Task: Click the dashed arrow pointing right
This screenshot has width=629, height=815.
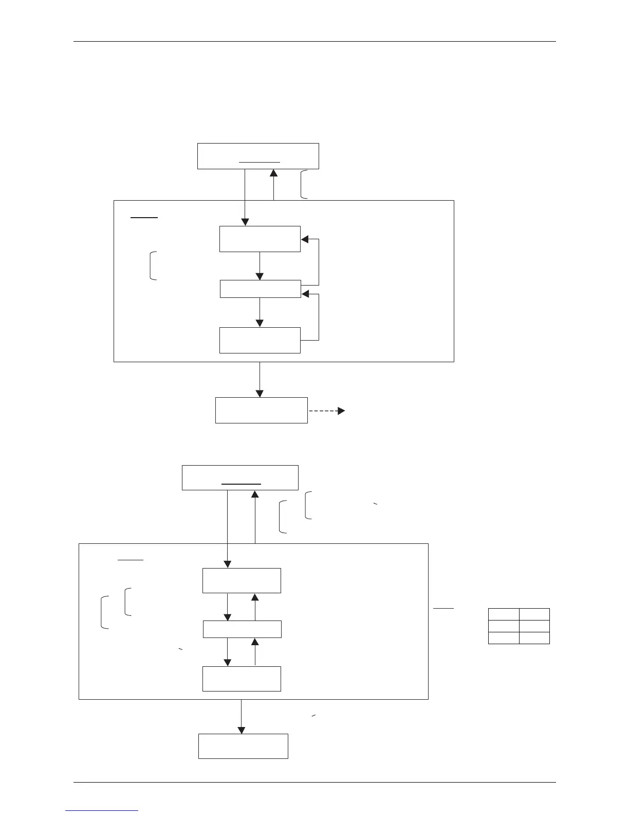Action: [327, 411]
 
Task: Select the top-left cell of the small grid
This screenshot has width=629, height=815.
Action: [503, 614]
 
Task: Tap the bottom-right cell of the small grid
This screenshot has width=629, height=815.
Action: [534, 638]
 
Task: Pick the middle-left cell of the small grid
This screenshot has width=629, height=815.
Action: [503, 626]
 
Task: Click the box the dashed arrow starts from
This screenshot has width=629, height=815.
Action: [261, 410]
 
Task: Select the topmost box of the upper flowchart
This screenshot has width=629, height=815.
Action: [258, 156]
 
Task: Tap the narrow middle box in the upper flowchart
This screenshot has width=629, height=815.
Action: [260, 289]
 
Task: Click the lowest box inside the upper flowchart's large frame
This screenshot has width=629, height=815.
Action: [260, 340]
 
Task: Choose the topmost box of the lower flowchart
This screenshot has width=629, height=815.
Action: [240, 477]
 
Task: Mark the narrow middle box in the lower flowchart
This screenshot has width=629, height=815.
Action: [242, 629]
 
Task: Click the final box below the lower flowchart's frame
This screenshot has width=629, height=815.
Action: [243, 746]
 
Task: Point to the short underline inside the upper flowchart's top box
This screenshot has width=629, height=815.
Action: [260, 162]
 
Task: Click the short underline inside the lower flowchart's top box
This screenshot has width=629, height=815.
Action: [242, 484]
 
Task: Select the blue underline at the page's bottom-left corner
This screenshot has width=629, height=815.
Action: [102, 810]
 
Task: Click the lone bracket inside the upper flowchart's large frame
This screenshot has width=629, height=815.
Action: [153, 265]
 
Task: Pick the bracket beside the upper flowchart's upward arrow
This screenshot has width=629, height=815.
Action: [304, 184]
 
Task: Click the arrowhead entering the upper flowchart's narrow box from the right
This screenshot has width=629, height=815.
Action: [305, 294]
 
